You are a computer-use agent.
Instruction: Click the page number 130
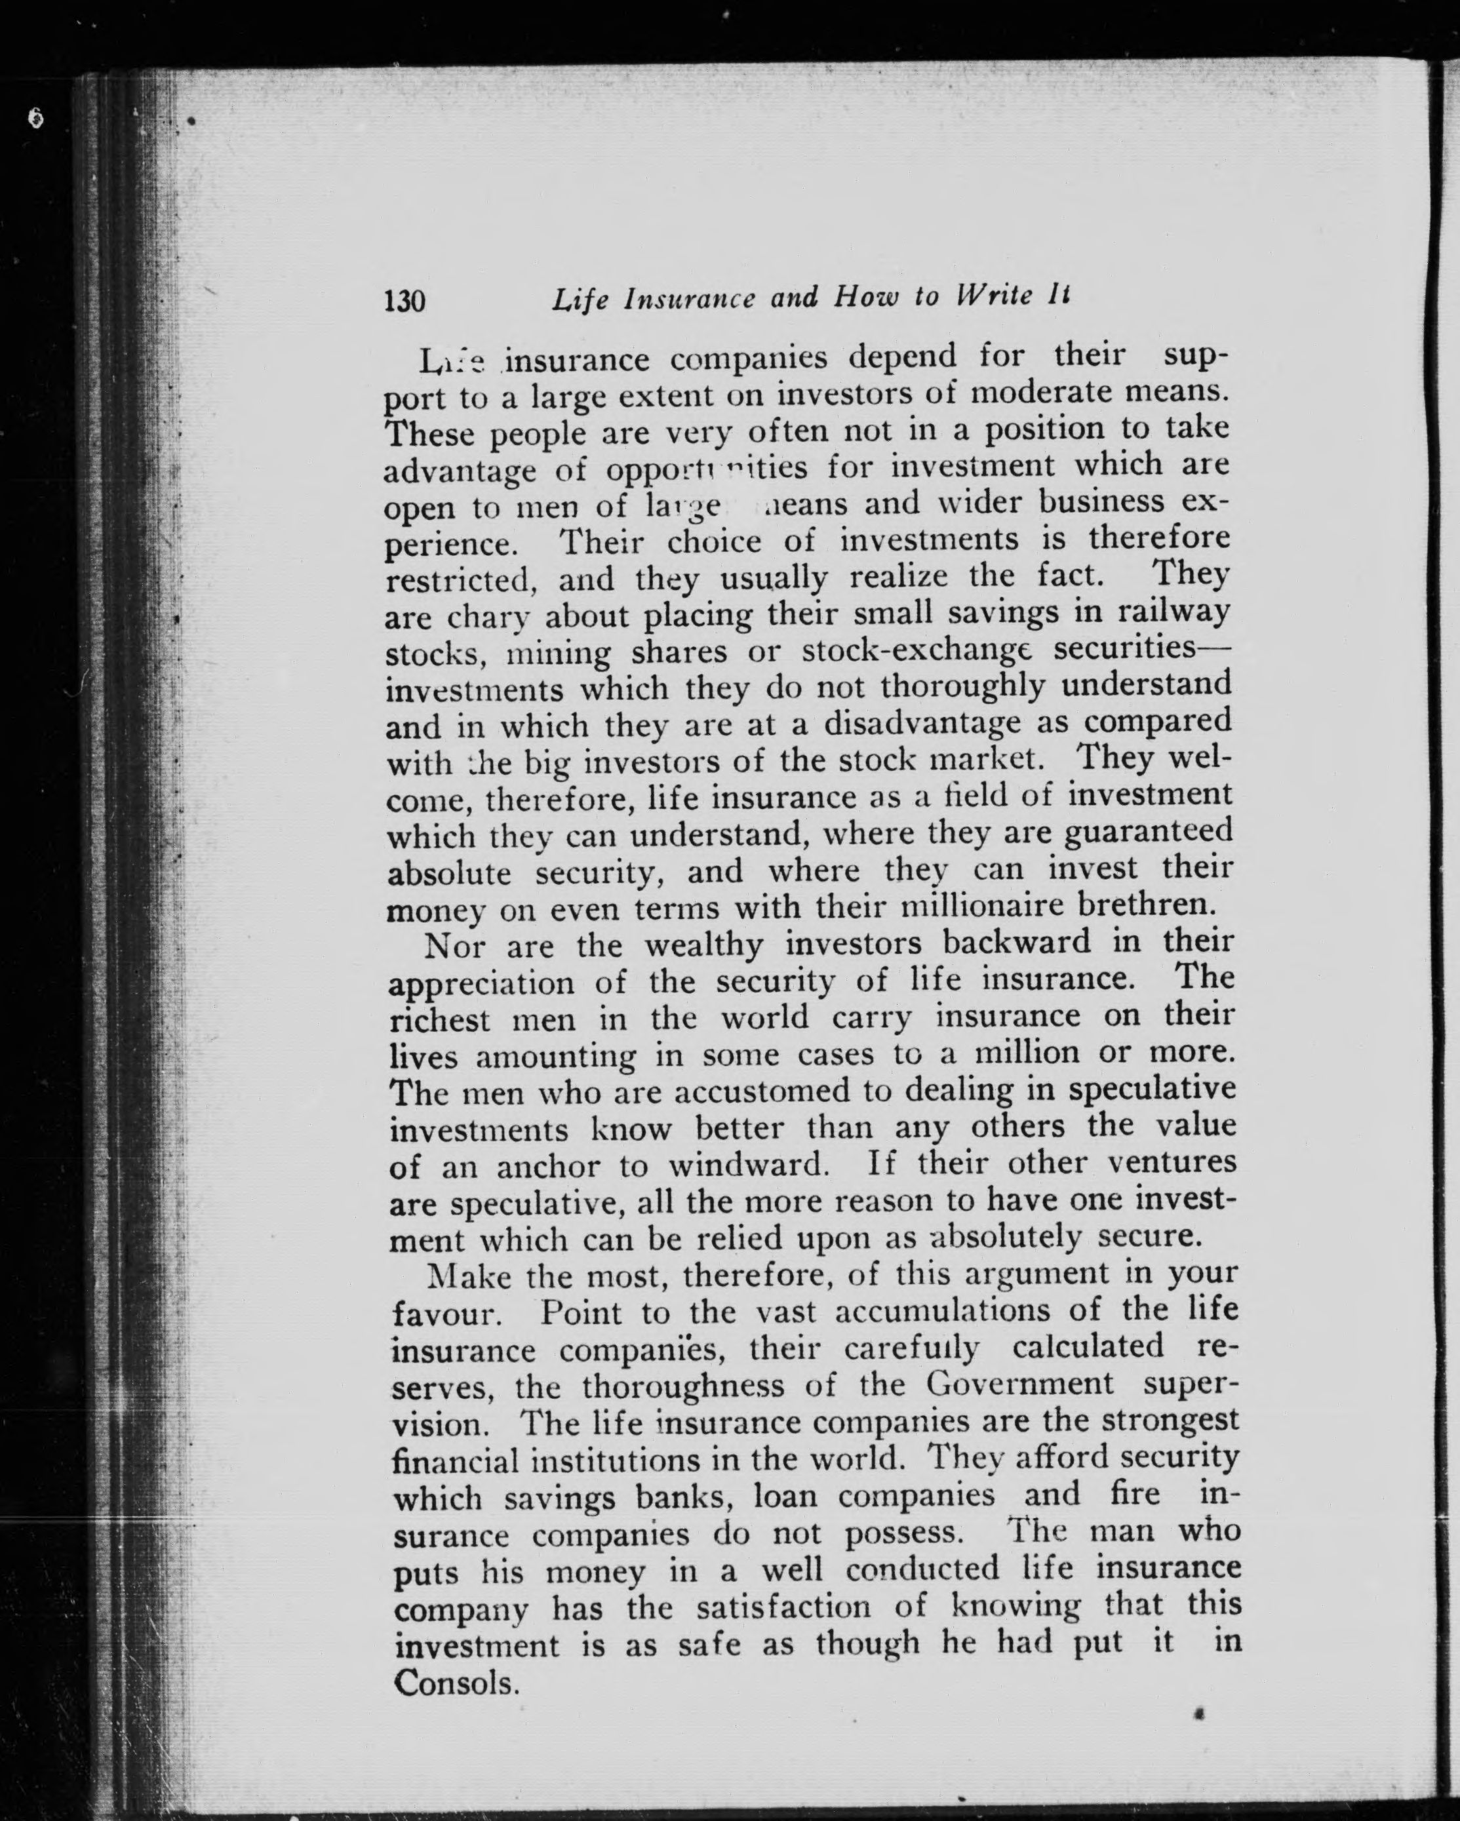point(404,300)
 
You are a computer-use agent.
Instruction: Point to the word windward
point(746,1165)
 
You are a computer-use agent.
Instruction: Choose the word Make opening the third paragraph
point(468,1276)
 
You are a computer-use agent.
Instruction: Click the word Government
point(1020,1386)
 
